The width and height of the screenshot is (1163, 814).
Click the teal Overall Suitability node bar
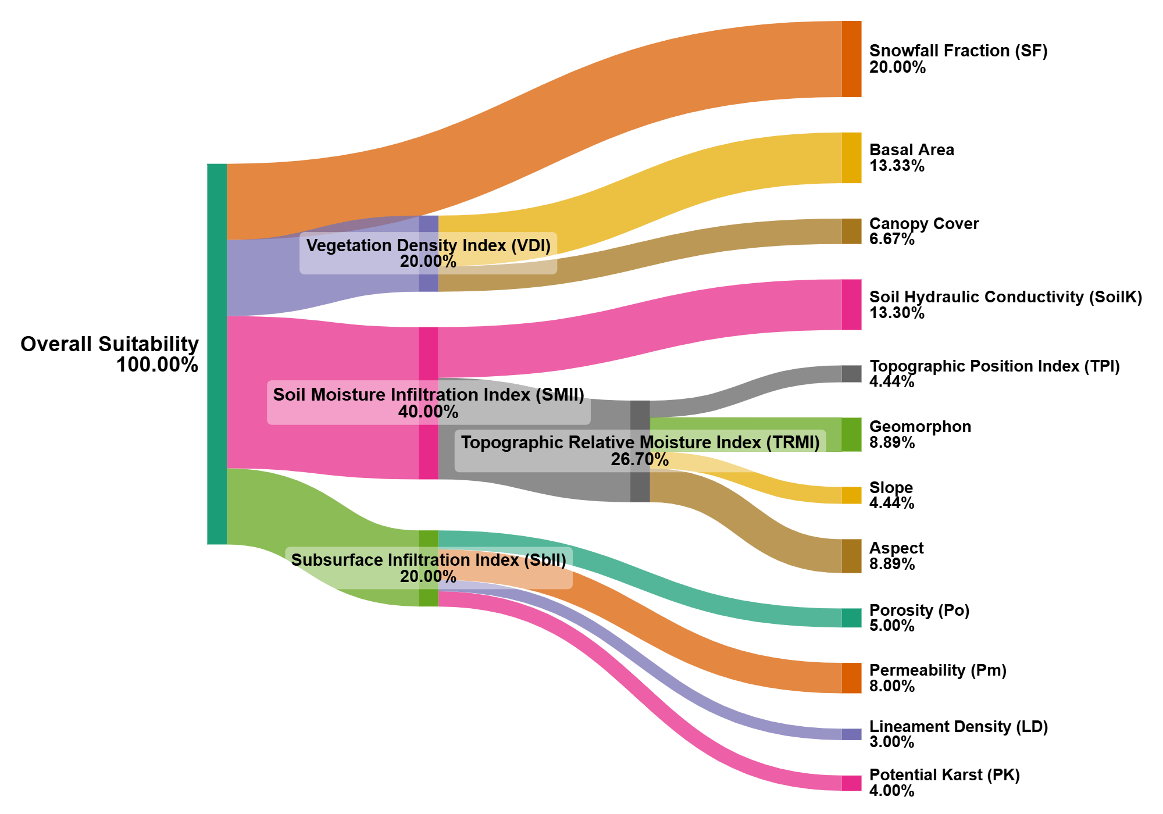217,354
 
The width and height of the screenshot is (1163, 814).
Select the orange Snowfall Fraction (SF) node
852,59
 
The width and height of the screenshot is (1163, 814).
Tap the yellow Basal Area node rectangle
852,158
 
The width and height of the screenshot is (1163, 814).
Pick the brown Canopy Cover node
852,231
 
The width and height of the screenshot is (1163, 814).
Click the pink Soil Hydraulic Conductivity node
852,305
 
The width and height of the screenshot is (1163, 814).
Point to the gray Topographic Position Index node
852,374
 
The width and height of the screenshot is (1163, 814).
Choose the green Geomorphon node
852,434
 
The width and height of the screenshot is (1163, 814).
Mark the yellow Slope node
852,495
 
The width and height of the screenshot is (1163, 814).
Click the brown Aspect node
852,556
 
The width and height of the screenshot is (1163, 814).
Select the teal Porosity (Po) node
852,618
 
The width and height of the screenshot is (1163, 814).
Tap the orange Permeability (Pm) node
852,678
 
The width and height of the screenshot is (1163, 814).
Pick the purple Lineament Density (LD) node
852,734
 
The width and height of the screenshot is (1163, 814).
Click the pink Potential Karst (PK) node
852,783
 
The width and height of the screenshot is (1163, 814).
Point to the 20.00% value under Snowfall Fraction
898,67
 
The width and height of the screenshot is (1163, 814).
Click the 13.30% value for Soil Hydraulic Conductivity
897,313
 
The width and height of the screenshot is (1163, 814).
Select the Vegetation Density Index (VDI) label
429,245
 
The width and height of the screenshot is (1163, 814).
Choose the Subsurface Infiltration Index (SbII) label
429,560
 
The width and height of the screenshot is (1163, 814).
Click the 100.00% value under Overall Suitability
158,365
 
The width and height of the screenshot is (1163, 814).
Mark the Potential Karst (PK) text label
945,775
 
